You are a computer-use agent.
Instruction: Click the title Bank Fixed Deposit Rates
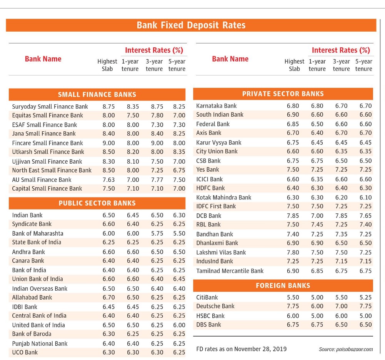coord(191,25)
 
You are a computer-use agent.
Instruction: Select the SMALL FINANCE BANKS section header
coord(97,95)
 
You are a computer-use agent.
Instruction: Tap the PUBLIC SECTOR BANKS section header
coord(97,203)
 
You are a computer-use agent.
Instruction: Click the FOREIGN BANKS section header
coord(283,286)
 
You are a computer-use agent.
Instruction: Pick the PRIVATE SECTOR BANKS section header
coord(283,94)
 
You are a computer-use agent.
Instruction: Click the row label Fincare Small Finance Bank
coord(47,143)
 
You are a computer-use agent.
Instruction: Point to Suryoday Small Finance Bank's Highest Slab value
coord(109,107)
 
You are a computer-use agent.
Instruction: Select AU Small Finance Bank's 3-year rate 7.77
coord(157,180)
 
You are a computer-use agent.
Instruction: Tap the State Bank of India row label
coord(37,242)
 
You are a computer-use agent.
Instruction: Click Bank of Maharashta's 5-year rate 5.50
coord(179,233)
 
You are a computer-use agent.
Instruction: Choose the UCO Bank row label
coord(25,352)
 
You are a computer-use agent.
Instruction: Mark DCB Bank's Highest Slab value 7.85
coord(293,216)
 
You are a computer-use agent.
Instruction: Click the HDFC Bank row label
coord(210,188)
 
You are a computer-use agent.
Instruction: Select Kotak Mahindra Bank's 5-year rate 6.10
coord(366,198)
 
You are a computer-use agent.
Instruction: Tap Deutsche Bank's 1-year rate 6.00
coord(317,306)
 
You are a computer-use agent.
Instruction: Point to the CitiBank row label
coord(207,298)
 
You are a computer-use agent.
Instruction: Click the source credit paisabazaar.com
coord(346,349)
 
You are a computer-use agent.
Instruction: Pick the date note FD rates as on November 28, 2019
coord(242,349)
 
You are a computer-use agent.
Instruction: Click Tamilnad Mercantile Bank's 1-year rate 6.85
coord(317,271)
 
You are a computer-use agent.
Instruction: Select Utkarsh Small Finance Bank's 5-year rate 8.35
coord(179,152)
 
